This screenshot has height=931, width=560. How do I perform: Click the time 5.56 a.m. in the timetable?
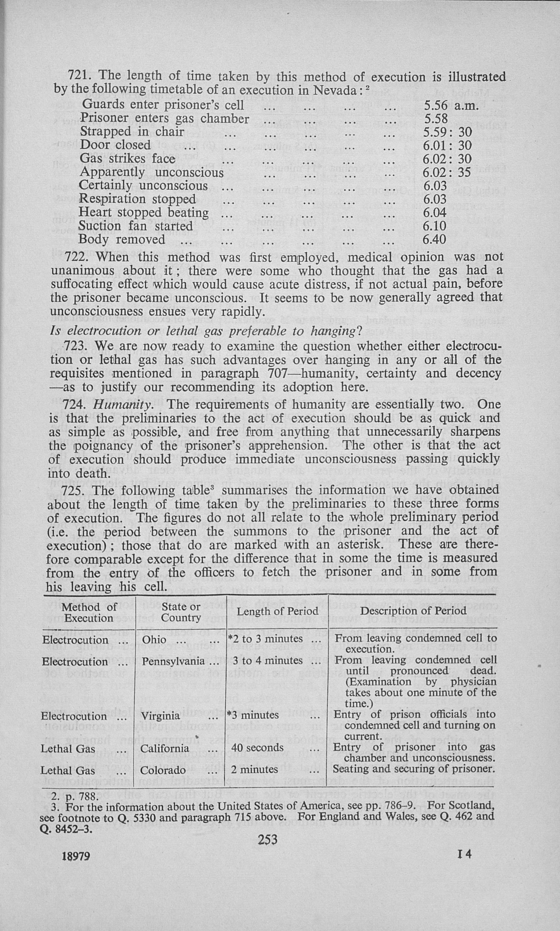point(451,105)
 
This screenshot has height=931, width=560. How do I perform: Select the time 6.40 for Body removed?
point(434,239)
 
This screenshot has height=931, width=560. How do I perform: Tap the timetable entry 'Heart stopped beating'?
point(143,212)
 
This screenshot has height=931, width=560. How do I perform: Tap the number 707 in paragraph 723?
point(280,373)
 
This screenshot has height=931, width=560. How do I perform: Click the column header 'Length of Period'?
point(277,611)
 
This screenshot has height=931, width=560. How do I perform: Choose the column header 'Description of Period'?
point(413,611)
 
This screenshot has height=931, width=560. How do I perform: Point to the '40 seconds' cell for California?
point(257,748)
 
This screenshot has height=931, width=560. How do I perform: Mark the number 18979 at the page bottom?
point(76,856)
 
